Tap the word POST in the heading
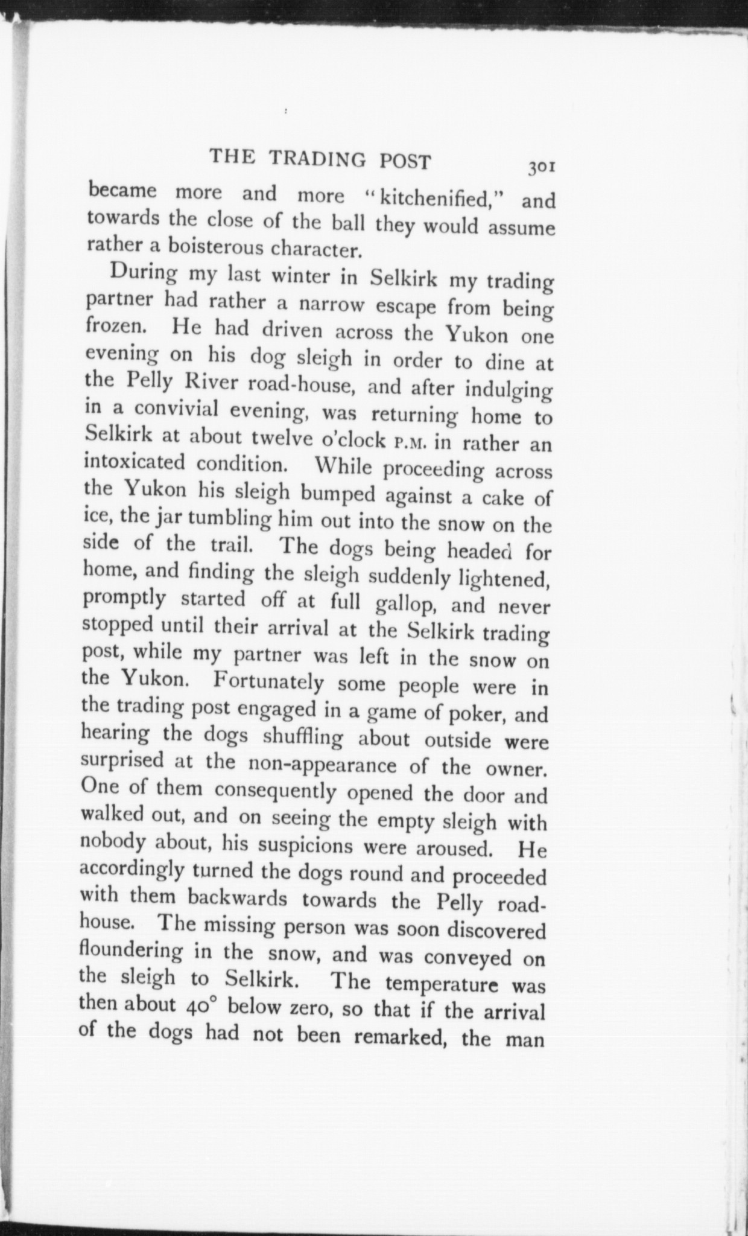[406, 162]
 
